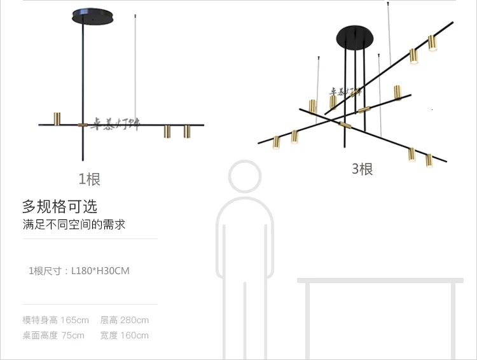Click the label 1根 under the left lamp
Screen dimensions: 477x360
89,179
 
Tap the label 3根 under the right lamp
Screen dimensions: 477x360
362,169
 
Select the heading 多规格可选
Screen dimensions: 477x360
60,206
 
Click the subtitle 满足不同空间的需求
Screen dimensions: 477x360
70,225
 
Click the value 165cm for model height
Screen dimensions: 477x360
74,320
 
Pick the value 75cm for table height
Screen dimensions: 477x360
73,335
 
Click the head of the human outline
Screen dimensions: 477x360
245,176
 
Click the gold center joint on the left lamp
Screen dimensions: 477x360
83,125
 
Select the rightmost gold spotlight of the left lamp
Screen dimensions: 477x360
187,132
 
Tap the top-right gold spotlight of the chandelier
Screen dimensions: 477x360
433,43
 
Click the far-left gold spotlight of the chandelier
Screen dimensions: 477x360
277,142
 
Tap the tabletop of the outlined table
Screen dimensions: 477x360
380,280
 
